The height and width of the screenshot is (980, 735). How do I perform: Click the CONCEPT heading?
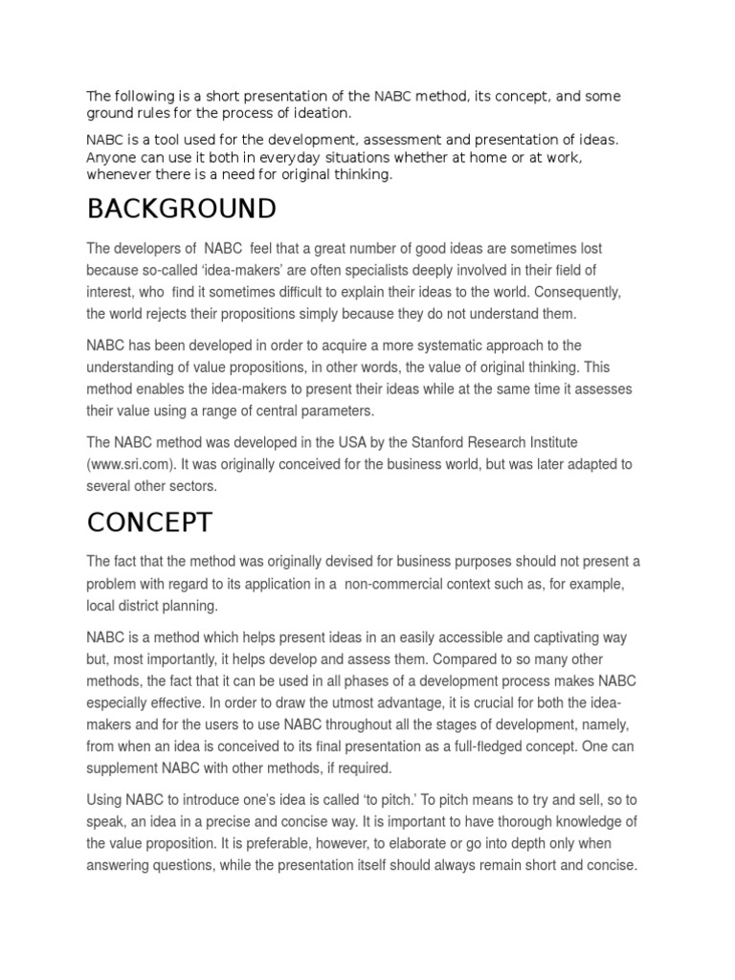click(149, 523)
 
